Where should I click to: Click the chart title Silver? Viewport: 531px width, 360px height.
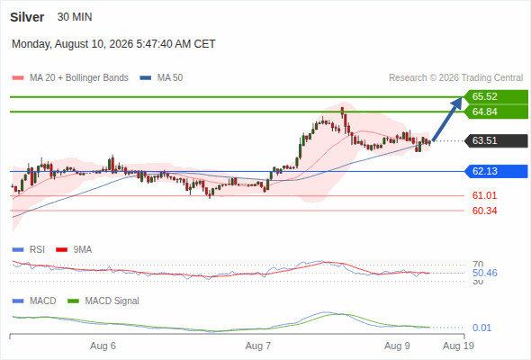click(x=27, y=17)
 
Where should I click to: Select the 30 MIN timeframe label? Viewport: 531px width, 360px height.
click(x=75, y=17)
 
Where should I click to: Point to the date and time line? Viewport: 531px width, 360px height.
click(x=113, y=44)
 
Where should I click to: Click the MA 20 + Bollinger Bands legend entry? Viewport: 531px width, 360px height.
click(x=70, y=78)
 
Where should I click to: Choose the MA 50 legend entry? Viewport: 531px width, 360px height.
click(x=161, y=78)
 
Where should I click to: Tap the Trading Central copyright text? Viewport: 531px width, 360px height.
click(x=455, y=78)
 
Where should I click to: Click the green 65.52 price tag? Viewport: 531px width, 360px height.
click(x=496, y=96)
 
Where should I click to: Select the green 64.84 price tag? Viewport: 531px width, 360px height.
click(x=496, y=112)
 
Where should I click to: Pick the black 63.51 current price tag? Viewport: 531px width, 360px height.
click(x=496, y=140)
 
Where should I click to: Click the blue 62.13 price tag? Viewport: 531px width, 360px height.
click(x=496, y=171)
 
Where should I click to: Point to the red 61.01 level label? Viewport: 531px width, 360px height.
click(x=484, y=195)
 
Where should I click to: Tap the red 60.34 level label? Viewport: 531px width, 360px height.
click(x=484, y=211)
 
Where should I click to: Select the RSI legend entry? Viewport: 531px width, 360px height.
click(x=29, y=249)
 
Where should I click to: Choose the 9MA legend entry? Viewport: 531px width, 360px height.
click(x=74, y=249)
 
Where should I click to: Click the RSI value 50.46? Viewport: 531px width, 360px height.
click(x=484, y=273)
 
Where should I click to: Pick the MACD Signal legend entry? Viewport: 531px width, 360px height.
click(x=103, y=301)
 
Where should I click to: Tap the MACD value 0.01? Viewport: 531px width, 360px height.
click(x=481, y=328)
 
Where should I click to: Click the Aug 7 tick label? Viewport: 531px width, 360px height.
click(x=258, y=346)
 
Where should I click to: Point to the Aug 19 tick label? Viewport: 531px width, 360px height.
click(x=458, y=346)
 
